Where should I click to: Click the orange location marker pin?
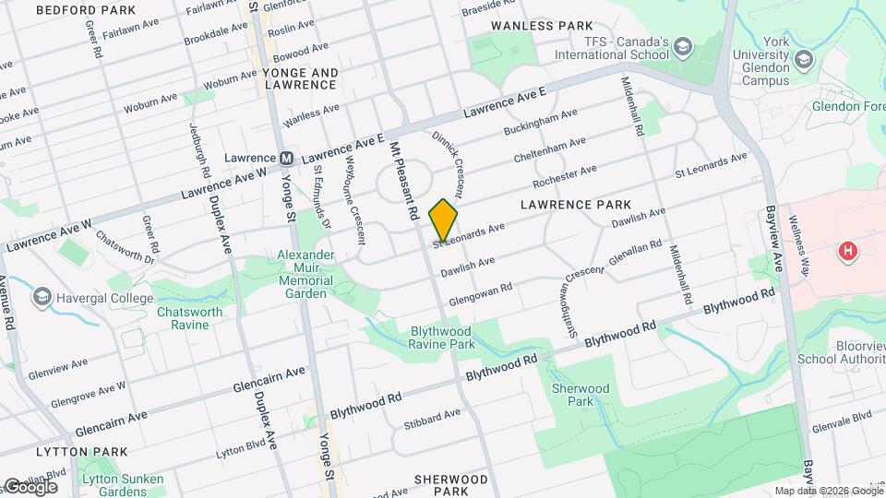444,220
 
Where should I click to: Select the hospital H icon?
845,251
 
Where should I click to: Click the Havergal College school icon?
42,297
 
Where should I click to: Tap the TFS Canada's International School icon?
683,47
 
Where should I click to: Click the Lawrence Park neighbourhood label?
576,204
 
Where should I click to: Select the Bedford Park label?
85,10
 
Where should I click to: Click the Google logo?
30,486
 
